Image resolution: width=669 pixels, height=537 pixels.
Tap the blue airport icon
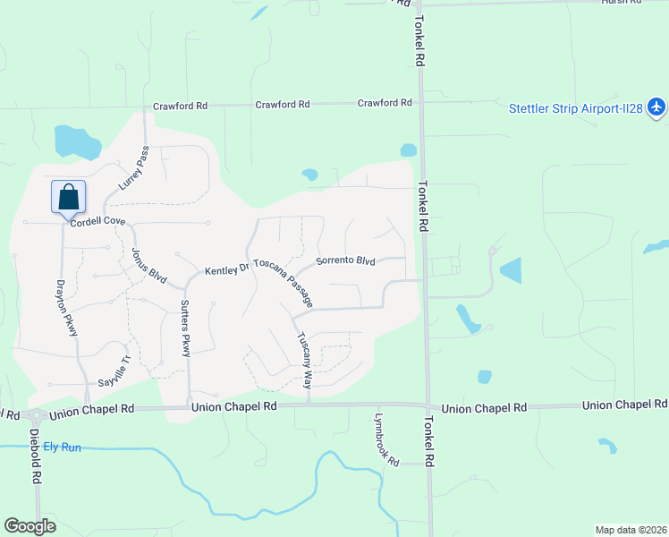[x=657, y=108]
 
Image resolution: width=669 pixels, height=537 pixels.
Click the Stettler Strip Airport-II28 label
[x=577, y=109]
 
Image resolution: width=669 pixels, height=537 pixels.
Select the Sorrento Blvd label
[x=345, y=261]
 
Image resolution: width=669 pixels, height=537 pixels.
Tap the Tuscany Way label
[x=305, y=360]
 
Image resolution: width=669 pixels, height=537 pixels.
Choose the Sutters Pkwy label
[x=185, y=328]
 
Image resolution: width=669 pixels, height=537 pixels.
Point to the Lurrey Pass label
[x=131, y=169]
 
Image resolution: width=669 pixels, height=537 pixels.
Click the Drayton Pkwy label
[x=67, y=305]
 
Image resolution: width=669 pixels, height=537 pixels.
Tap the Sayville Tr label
[x=114, y=369]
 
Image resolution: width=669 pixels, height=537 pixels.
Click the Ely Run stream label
[x=62, y=446]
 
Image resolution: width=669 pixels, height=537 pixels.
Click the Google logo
[x=30, y=526]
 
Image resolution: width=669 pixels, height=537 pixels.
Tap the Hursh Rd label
[x=622, y=3]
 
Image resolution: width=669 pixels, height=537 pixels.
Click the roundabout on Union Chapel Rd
[x=37, y=415]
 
